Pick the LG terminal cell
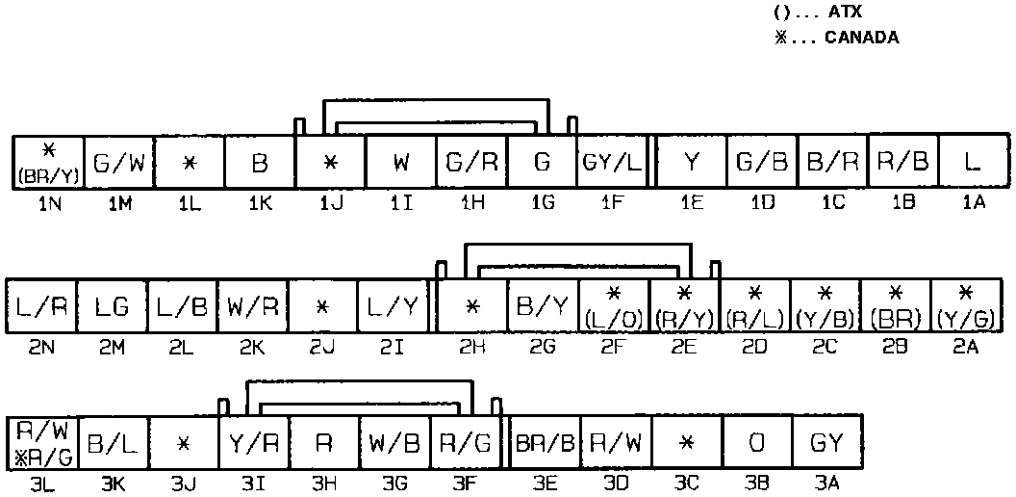pyautogui.click(x=111, y=305)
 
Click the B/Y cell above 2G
pyautogui.click(x=542, y=305)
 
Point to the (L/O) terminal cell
pyautogui.click(x=613, y=305)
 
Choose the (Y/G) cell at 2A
pyautogui.click(x=966, y=305)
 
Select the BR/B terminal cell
pyautogui.click(x=544, y=444)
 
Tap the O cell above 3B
pyautogui.click(x=756, y=444)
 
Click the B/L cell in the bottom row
pyautogui.click(x=113, y=444)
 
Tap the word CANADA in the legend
pyautogui.click(x=862, y=39)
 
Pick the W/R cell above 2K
pyautogui.click(x=253, y=305)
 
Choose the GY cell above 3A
pyautogui.click(x=827, y=444)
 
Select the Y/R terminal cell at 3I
pyautogui.click(x=254, y=444)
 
